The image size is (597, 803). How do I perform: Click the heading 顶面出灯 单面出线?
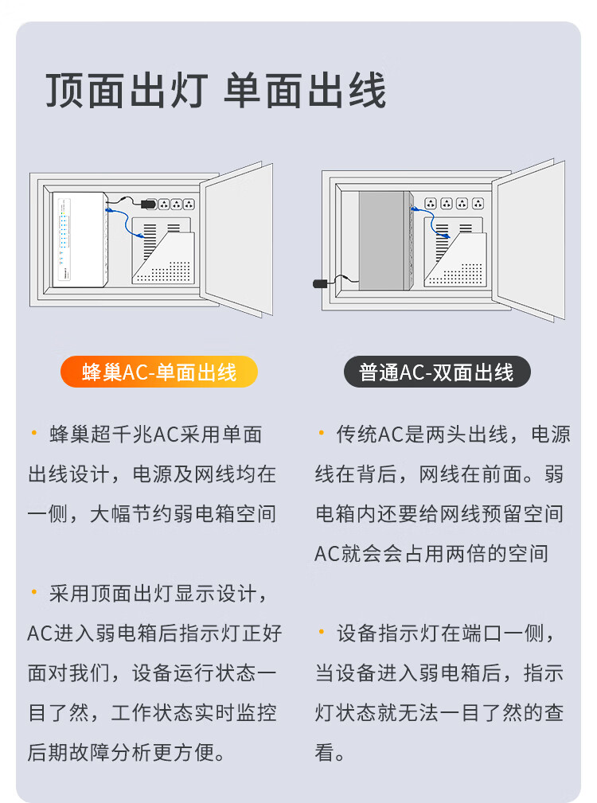pos(216,90)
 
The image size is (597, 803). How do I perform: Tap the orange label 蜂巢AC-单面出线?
pos(158,372)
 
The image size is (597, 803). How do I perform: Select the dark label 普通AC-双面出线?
pos(437,372)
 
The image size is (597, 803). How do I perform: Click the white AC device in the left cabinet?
pos(80,240)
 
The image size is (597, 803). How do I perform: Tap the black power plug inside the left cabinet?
pos(149,204)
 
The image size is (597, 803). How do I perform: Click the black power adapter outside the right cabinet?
pos(320,283)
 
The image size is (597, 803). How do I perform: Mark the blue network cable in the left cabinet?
pos(124,221)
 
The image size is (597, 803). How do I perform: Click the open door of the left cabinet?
pos(236,239)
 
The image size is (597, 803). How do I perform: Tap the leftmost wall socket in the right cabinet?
pos(431,203)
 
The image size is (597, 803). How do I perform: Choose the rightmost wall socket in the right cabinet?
pos(478,203)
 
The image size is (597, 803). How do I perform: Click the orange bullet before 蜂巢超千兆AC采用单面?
pos(34,433)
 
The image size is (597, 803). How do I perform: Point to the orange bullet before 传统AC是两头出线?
pos(322,433)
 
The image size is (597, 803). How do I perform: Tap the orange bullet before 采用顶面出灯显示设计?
pos(34,593)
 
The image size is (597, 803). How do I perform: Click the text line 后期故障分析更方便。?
pos(127,752)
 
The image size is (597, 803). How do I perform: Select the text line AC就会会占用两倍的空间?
pos(431,554)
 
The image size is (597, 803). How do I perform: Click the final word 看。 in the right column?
pos(330,752)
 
